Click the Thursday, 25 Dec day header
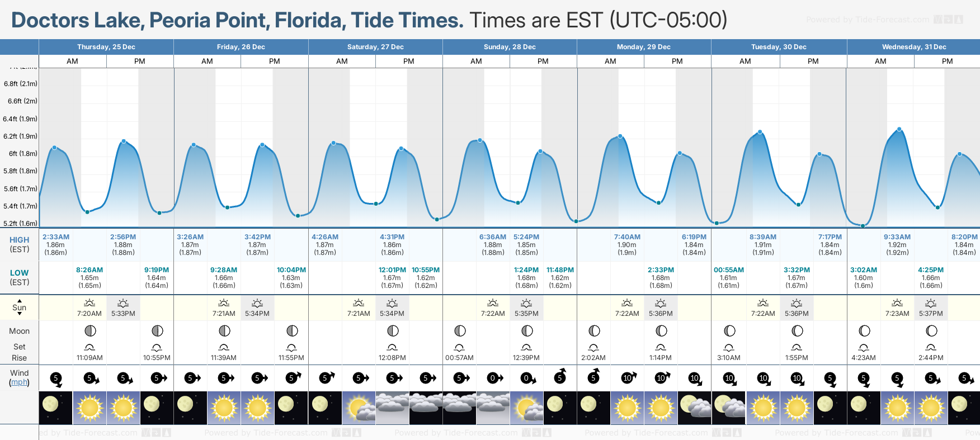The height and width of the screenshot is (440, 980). coord(106,47)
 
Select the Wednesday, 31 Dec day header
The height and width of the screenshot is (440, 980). coord(914,47)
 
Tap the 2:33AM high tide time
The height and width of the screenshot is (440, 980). coord(56,237)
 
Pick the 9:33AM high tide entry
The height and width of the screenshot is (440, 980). coord(897,237)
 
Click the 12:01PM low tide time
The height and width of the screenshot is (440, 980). coord(392,270)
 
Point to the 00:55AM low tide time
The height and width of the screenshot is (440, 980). coord(729,270)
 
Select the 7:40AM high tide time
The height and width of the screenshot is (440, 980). coord(627,237)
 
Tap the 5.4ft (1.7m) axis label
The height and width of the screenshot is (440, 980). coord(20,206)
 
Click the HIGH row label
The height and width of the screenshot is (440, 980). coord(19,240)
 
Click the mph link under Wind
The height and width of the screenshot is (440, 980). coord(20,382)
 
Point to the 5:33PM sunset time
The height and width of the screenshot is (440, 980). coord(123,314)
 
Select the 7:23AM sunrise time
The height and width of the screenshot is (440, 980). coord(897,314)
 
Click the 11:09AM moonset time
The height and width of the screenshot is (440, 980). coord(89,358)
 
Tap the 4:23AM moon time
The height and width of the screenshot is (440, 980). coord(864,358)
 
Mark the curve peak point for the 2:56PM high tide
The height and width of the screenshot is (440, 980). coord(124,141)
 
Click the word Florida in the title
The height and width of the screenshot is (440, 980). coord(308,20)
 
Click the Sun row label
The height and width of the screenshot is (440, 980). coord(19,307)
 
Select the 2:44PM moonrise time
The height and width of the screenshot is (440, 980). coord(931,358)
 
